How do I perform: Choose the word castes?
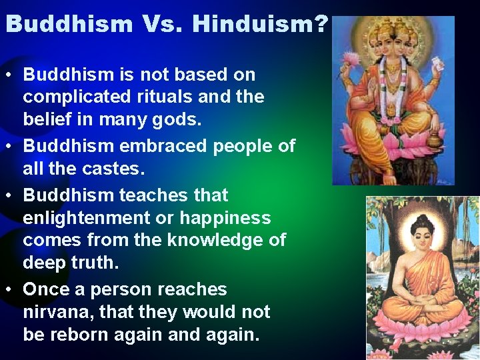point(114,169)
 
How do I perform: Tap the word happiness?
point(226,218)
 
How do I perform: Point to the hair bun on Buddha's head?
point(421,217)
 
